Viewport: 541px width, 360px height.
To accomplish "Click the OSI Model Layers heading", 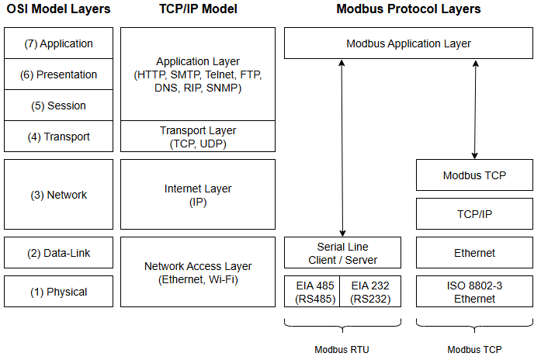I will coord(59,9).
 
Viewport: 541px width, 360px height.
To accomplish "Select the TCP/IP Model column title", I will coord(197,9).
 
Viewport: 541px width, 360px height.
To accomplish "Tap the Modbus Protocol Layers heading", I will coord(408,9).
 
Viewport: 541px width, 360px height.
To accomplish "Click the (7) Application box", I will coord(59,43).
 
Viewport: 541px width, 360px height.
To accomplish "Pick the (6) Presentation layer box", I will coord(59,74).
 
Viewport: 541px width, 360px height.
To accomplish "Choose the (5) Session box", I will coord(59,106).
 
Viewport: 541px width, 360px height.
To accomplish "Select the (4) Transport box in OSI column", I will coord(59,137).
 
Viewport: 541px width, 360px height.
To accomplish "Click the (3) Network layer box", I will coord(59,195).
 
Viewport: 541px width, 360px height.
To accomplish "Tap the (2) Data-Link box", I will coord(59,253).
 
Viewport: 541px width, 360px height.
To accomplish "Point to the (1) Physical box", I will coord(59,292).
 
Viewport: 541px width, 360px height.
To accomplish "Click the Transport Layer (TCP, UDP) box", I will coord(198,137).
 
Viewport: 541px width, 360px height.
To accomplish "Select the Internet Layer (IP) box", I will coord(198,195).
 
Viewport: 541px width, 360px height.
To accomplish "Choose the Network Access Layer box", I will coord(198,272).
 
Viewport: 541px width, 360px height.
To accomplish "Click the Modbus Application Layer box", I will coord(408,43).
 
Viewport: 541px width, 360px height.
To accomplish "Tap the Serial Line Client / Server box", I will coord(342,253).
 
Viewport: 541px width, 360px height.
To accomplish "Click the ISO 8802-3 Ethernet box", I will coord(474,292).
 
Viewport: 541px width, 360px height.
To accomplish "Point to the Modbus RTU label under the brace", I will coord(342,349).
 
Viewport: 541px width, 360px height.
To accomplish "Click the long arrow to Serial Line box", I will coord(342,147).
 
